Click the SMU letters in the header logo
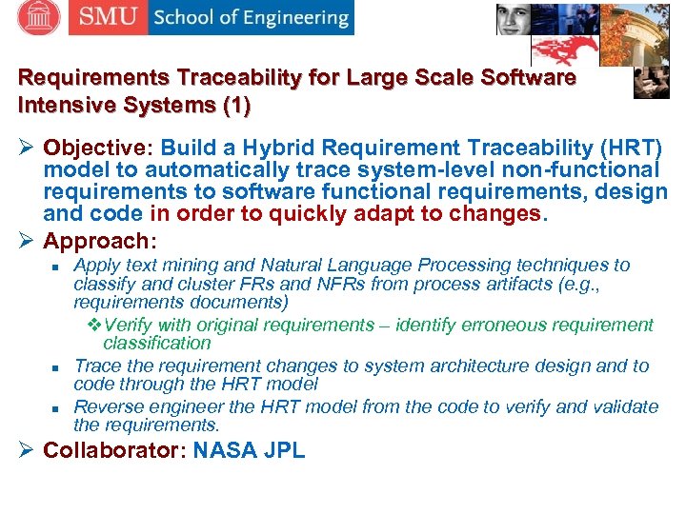(107, 17)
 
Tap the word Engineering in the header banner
(294, 18)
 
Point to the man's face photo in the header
(514, 18)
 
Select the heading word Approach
(96, 241)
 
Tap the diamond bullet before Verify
(94, 325)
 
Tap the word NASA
(228, 450)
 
